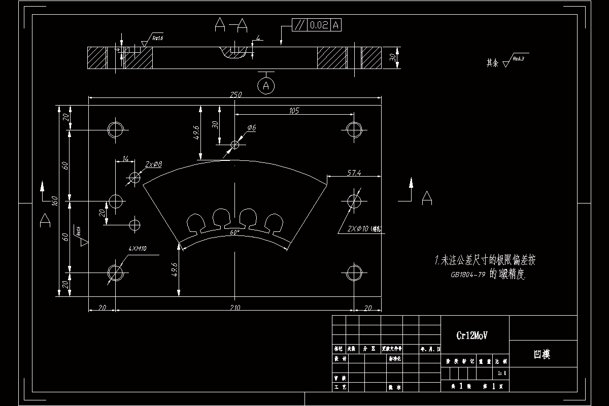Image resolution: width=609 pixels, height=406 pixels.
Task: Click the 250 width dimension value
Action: pos(235,95)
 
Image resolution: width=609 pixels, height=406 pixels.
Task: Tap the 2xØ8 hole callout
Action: pos(153,164)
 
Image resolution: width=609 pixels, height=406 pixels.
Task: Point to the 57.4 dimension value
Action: pos(354,173)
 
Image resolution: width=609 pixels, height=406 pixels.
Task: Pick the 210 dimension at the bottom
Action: pos(235,307)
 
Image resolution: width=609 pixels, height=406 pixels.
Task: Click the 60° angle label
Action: pos(234,232)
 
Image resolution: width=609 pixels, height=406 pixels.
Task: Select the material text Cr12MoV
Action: pos(474,335)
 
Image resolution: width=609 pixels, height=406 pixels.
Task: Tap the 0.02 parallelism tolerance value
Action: pos(319,25)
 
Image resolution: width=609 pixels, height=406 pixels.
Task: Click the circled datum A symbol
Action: pos(266,86)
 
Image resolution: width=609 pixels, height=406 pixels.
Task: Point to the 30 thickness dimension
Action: pos(392,58)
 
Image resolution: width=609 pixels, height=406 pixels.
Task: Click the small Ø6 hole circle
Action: pos(234,145)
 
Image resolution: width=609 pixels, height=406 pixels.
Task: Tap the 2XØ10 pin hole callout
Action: pos(362,229)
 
